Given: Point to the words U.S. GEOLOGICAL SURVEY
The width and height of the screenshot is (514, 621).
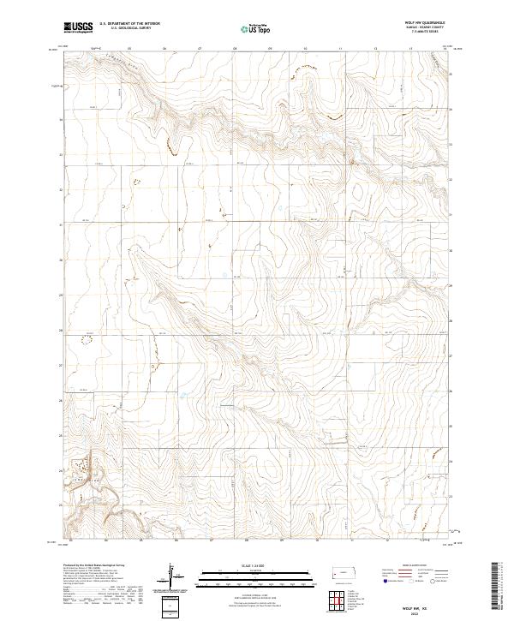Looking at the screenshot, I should coord(123,29).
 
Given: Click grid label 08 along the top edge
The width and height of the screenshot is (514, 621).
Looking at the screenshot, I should coord(235,49).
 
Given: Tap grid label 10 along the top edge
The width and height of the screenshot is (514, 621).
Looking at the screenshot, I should coord(305,49).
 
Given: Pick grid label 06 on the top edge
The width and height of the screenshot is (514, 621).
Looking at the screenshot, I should coord(164,49).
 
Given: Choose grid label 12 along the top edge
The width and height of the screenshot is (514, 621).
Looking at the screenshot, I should coord(375,49).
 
